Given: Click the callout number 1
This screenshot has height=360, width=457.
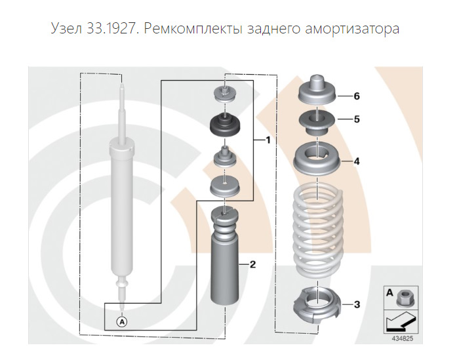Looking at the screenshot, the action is (268, 140).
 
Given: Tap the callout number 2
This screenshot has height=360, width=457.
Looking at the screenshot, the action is (252, 264).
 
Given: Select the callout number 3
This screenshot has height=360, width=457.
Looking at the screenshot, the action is (357, 305).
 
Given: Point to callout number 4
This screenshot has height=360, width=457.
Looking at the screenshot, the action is (357, 161).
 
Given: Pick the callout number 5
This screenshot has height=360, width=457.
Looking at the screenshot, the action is (357, 119).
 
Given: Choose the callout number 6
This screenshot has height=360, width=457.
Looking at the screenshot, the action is (357, 96).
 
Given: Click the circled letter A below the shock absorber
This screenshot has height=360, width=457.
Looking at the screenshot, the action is (122, 321).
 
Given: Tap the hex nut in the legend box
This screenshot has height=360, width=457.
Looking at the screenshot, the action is (404, 298).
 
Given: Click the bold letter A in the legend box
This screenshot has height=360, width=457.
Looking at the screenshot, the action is (389, 292).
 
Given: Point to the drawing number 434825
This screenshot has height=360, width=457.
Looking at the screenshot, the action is (403, 339).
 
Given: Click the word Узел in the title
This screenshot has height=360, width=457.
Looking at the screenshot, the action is (66, 29).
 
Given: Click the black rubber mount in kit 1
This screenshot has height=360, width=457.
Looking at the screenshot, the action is (225, 126).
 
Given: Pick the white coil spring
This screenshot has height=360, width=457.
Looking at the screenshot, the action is (318, 233).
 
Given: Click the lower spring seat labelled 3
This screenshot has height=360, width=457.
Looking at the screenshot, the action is (317, 305).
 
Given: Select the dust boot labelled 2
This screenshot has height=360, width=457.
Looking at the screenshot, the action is (225, 256).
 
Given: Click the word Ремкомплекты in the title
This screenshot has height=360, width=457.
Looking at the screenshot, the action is (193, 29).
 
